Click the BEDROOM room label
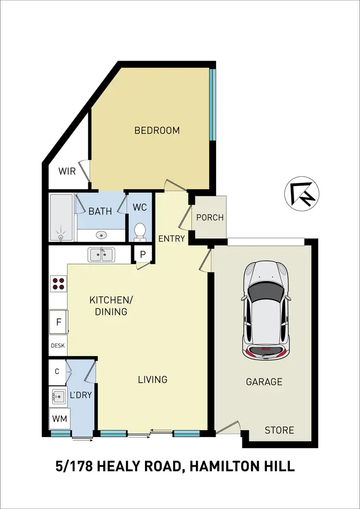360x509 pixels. [x=157, y=130]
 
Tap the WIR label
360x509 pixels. [x=67, y=171]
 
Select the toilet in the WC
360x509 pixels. [x=140, y=231]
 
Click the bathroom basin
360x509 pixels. [x=101, y=235]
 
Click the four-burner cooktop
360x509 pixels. [x=59, y=284]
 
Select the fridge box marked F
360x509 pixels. [x=59, y=322]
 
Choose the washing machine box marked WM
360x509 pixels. [x=59, y=418]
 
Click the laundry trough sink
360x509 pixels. [x=59, y=396]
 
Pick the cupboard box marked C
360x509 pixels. [x=57, y=371]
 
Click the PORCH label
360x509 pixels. [x=210, y=218]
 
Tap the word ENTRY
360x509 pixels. [x=171, y=238]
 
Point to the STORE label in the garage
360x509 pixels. [x=279, y=430]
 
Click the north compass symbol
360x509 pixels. [x=302, y=194]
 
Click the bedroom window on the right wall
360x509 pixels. [x=213, y=104]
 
